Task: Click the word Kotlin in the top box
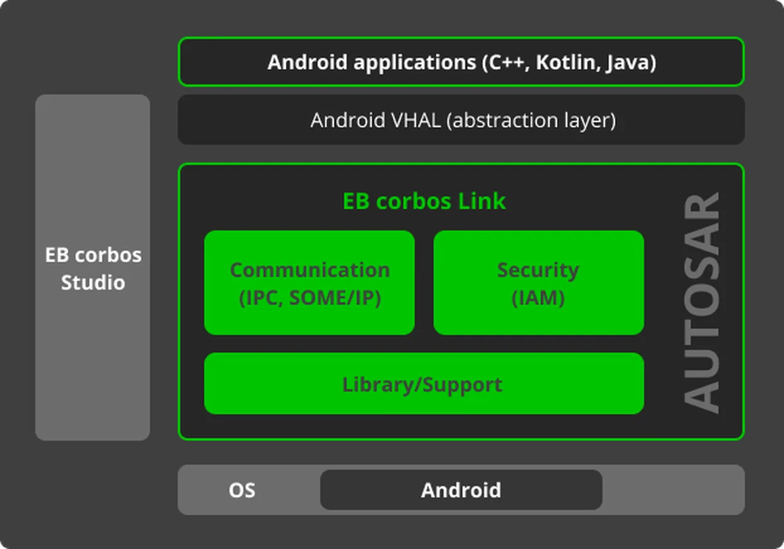(565, 62)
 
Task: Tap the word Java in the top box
(628, 63)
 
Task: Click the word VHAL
(416, 120)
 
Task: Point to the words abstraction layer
(531, 121)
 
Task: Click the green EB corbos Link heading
(424, 201)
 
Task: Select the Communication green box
(309, 283)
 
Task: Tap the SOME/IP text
(335, 298)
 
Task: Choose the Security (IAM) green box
(539, 283)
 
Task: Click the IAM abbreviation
(538, 298)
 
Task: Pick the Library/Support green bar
(424, 383)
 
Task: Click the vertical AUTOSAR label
(701, 303)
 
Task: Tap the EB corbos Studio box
(93, 268)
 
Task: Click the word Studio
(93, 283)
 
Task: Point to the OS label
(242, 490)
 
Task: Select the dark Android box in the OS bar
(461, 490)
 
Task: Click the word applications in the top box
(415, 63)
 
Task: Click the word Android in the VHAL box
(349, 120)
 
